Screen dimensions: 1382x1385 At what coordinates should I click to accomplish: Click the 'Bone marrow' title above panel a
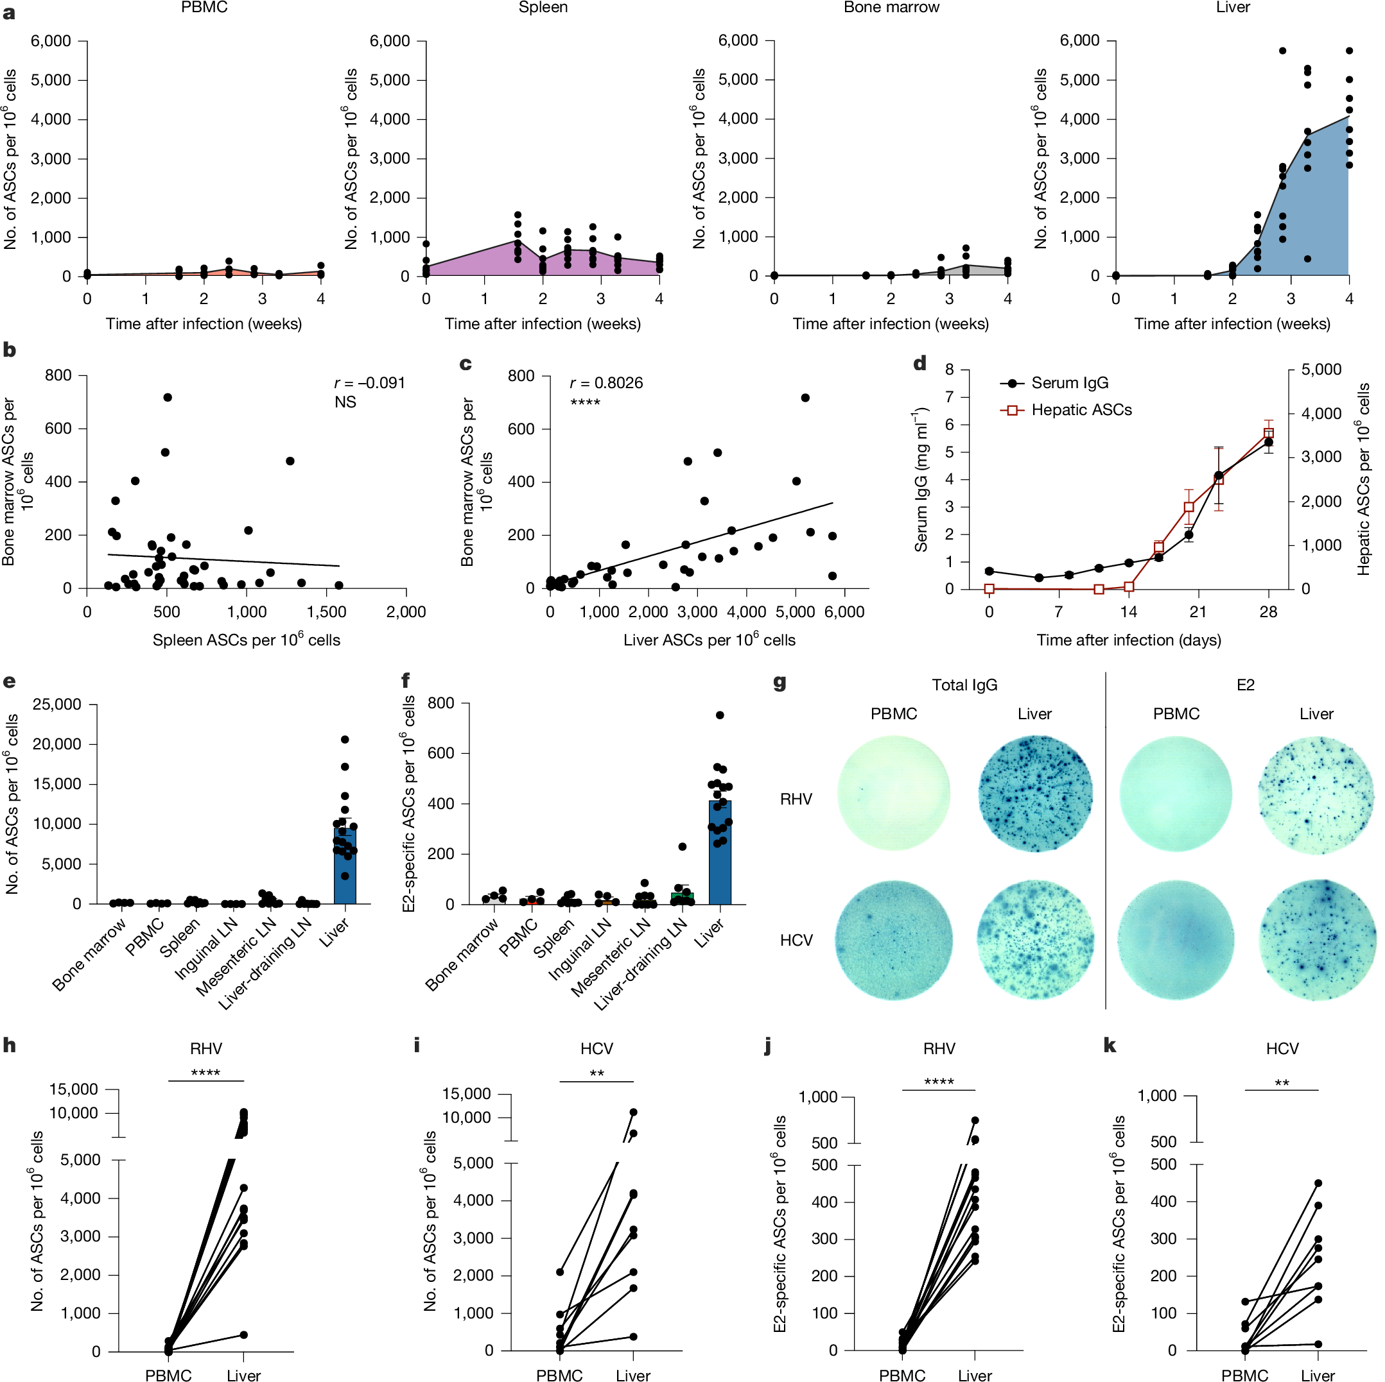(891, 8)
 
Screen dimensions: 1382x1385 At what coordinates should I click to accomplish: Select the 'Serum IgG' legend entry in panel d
(1068, 383)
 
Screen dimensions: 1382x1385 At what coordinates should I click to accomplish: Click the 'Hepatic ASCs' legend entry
(1081, 411)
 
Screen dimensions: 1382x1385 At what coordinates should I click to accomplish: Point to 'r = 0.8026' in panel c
(605, 383)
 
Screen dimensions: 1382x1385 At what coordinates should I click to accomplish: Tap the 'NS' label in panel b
(345, 402)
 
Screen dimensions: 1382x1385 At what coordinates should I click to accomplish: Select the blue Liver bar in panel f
(719, 853)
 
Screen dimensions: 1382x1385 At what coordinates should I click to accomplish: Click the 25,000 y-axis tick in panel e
(57, 705)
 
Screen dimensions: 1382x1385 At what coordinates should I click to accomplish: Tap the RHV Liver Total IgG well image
(1034, 794)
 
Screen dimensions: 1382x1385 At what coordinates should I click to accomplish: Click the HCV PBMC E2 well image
(1175, 940)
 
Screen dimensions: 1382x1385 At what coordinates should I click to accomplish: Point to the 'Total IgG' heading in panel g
(964, 686)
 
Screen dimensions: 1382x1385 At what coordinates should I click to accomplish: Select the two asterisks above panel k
(1281, 1082)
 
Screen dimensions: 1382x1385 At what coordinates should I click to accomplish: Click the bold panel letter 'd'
(919, 364)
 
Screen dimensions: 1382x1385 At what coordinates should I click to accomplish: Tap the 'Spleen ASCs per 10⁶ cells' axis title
(246, 640)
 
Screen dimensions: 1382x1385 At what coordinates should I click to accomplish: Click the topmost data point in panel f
(719, 715)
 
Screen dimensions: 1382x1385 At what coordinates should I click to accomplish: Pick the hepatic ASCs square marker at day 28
(1268, 432)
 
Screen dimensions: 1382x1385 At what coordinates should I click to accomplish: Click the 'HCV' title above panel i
(597, 1049)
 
